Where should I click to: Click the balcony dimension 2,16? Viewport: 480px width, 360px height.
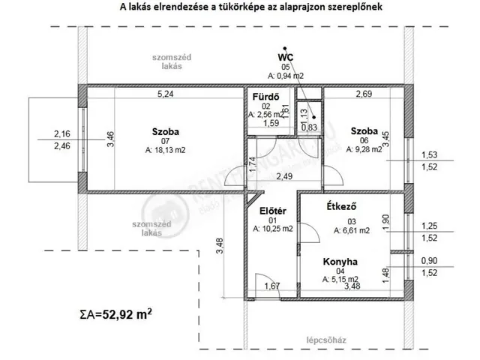pyautogui.click(x=62, y=134)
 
